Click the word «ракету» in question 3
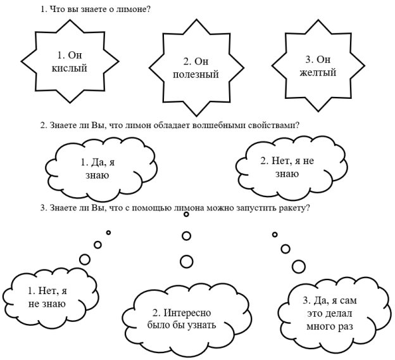pos(294,209)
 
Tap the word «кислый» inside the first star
pos(69,68)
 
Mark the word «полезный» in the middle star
pos(196,74)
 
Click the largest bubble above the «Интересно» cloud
pos(187,261)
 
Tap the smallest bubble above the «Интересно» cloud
pos(186,214)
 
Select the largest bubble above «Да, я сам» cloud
pos(299,266)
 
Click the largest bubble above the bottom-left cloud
pos(85,259)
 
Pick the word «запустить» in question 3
pos(256,209)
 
